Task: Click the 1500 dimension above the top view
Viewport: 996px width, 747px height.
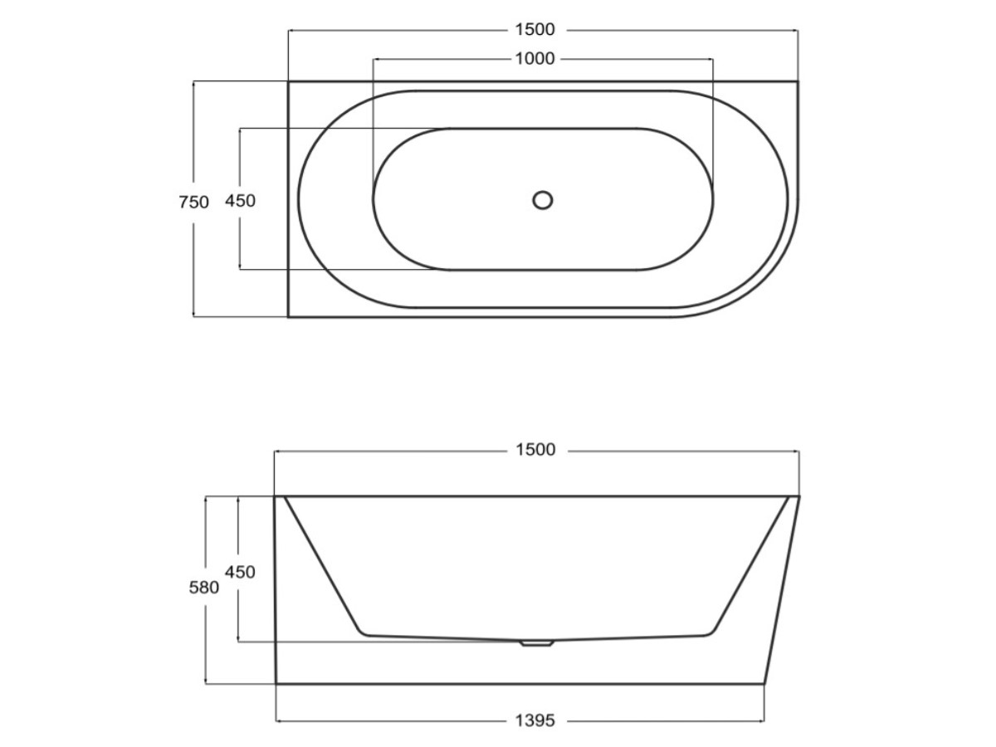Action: pos(535,30)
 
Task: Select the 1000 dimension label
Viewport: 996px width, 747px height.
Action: pos(535,59)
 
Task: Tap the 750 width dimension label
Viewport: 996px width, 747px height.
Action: pos(193,203)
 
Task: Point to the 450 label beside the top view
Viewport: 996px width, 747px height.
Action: pos(240,201)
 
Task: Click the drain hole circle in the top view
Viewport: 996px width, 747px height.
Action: pos(542,200)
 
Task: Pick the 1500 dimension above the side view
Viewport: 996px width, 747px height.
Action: pos(535,450)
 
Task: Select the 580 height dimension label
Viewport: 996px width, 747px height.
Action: pos(203,588)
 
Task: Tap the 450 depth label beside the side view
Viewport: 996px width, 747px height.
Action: pos(240,573)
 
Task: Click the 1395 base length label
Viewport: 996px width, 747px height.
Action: pos(535,720)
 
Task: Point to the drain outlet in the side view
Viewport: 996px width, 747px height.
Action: pos(537,642)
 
